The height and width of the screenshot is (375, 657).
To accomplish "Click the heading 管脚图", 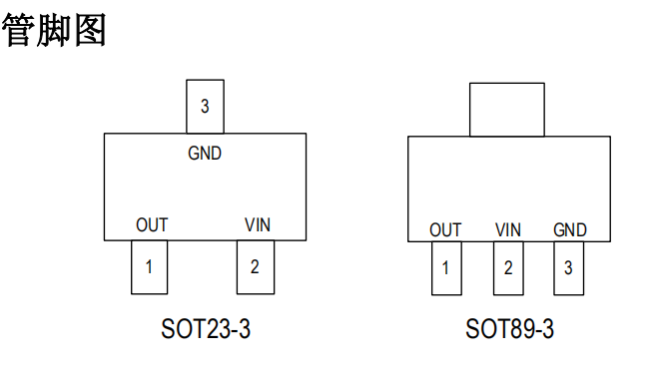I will click(x=54, y=30).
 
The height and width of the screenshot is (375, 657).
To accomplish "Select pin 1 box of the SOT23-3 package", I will click(x=149, y=267).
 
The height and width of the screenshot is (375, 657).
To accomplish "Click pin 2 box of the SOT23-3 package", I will click(x=255, y=267).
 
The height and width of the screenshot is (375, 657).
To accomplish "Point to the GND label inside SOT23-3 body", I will click(x=205, y=154).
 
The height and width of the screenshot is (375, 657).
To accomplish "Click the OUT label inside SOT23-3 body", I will click(x=152, y=225).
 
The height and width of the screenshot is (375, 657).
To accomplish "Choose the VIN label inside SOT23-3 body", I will click(x=258, y=225).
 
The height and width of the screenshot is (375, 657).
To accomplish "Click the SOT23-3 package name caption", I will click(x=206, y=328).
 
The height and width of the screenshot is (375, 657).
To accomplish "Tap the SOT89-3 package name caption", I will click(x=509, y=328).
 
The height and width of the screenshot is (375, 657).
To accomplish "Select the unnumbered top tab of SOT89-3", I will click(x=507, y=109).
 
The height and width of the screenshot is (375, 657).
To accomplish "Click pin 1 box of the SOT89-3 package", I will click(x=445, y=268).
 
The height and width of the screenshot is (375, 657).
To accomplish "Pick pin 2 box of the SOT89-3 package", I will click(x=508, y=268).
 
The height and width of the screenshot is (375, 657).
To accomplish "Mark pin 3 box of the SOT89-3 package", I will click(x=569, y=268).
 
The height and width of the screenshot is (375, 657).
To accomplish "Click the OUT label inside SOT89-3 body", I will click(x=445, y=230).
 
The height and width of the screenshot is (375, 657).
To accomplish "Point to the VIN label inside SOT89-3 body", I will click(x=508, y=230).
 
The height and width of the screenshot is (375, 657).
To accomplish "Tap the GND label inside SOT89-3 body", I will click(x=570, y=230).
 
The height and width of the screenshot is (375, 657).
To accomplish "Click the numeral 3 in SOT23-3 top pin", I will click(x=205, y=107).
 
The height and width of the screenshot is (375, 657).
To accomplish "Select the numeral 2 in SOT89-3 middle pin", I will click(x=508, y=268).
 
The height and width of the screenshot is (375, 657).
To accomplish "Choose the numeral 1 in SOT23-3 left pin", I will click(x=149, y=267).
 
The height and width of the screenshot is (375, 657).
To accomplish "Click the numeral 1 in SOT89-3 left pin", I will click(x=445, y=268).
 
